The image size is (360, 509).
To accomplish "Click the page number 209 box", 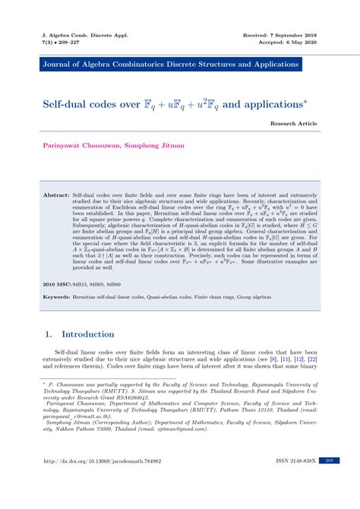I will tap(328, 482).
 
